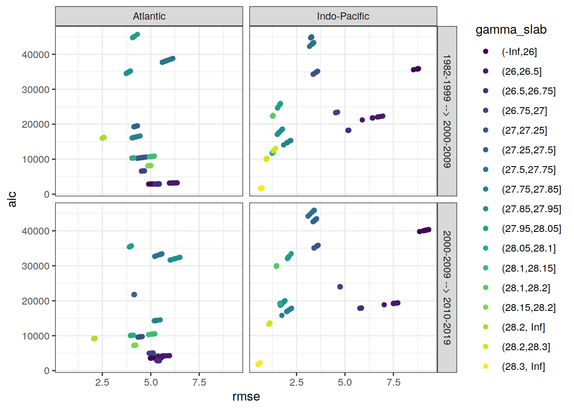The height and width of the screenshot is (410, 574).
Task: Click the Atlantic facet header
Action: coord(149,16)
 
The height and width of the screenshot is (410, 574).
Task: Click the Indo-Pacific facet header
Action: coord(343,16)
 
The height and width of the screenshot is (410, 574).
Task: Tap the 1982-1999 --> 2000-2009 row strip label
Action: coord(447,111)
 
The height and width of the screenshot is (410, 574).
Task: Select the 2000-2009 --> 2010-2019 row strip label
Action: coord(447,287)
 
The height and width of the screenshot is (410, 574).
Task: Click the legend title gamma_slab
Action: coord(511,29)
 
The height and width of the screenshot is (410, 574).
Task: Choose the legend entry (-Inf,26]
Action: coord(519,52)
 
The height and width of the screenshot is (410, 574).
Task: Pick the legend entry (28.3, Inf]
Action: coord(523,366)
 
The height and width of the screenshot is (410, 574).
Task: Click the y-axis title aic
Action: coord(12,199)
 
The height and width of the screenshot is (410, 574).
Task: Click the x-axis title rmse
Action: coord(246,397)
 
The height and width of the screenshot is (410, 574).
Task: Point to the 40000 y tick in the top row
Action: coord(35,55)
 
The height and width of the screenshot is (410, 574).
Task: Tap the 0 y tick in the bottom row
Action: coord(47,371)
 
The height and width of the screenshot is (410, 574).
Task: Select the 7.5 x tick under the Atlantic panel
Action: coord(199,383)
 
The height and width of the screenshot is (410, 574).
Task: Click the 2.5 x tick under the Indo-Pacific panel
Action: coord(296,383)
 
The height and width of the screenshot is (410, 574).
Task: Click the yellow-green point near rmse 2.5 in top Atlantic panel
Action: coord(103,138)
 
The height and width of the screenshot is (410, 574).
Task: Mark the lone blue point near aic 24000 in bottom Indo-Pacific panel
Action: coord(340,287)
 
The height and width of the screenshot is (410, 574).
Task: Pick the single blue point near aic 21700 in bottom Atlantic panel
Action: coord(134,295)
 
